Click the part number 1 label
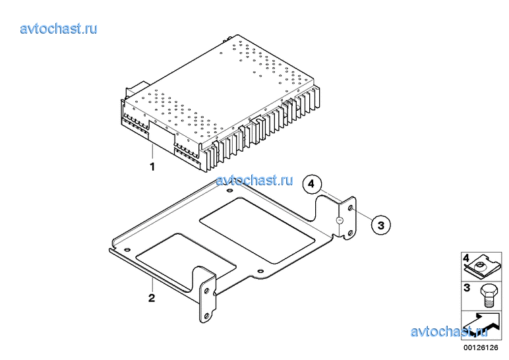pyautogui.click(x=152, y=167)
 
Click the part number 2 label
pyautogui.click(x=152, y=298)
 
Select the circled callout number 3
pyautogui.click(x=381, y=225)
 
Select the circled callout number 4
pyautogui.click(x=312, y=184)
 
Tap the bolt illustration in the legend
pyautogui.click(x=488, y=296)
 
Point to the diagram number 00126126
pyautogui.click(x=481, y=347)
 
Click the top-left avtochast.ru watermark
pyautogui.click(x=59, y=29)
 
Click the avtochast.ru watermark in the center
pyautogui.click(x=254, y=180)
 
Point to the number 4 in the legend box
pyautogui.click(x=466, y=258)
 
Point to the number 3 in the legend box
pyautogui.click(x=467, y=287)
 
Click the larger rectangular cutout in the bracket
pyautogui.click(x=257, y=231)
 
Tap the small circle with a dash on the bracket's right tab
pyautogui.click(x=339, y=220)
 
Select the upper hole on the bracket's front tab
pyautogui.click(x=206, y=291)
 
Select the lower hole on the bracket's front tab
pyautogui.click(x=206, y=315)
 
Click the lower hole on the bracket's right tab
pyautogui.click(x=350, y=233)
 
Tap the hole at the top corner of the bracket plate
pyautogui.click(x=229, y=191)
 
